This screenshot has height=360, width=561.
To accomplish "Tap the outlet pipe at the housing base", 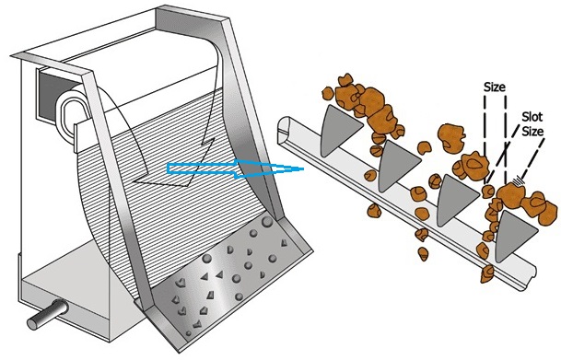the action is (x=47, y=314).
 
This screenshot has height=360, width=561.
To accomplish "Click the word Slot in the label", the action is (x=532, y=117).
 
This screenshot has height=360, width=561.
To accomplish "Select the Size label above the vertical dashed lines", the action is (x=494, y=87).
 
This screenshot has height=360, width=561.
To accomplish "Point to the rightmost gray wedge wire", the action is (x=512, y=235).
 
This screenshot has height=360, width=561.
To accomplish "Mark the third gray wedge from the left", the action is (x=454, y=200).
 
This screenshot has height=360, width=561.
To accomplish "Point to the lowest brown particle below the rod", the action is (x=423, y=253).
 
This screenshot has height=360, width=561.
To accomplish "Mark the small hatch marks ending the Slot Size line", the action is (x=517, y=181).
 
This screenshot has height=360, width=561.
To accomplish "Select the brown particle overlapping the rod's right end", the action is (x=487, y=274).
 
